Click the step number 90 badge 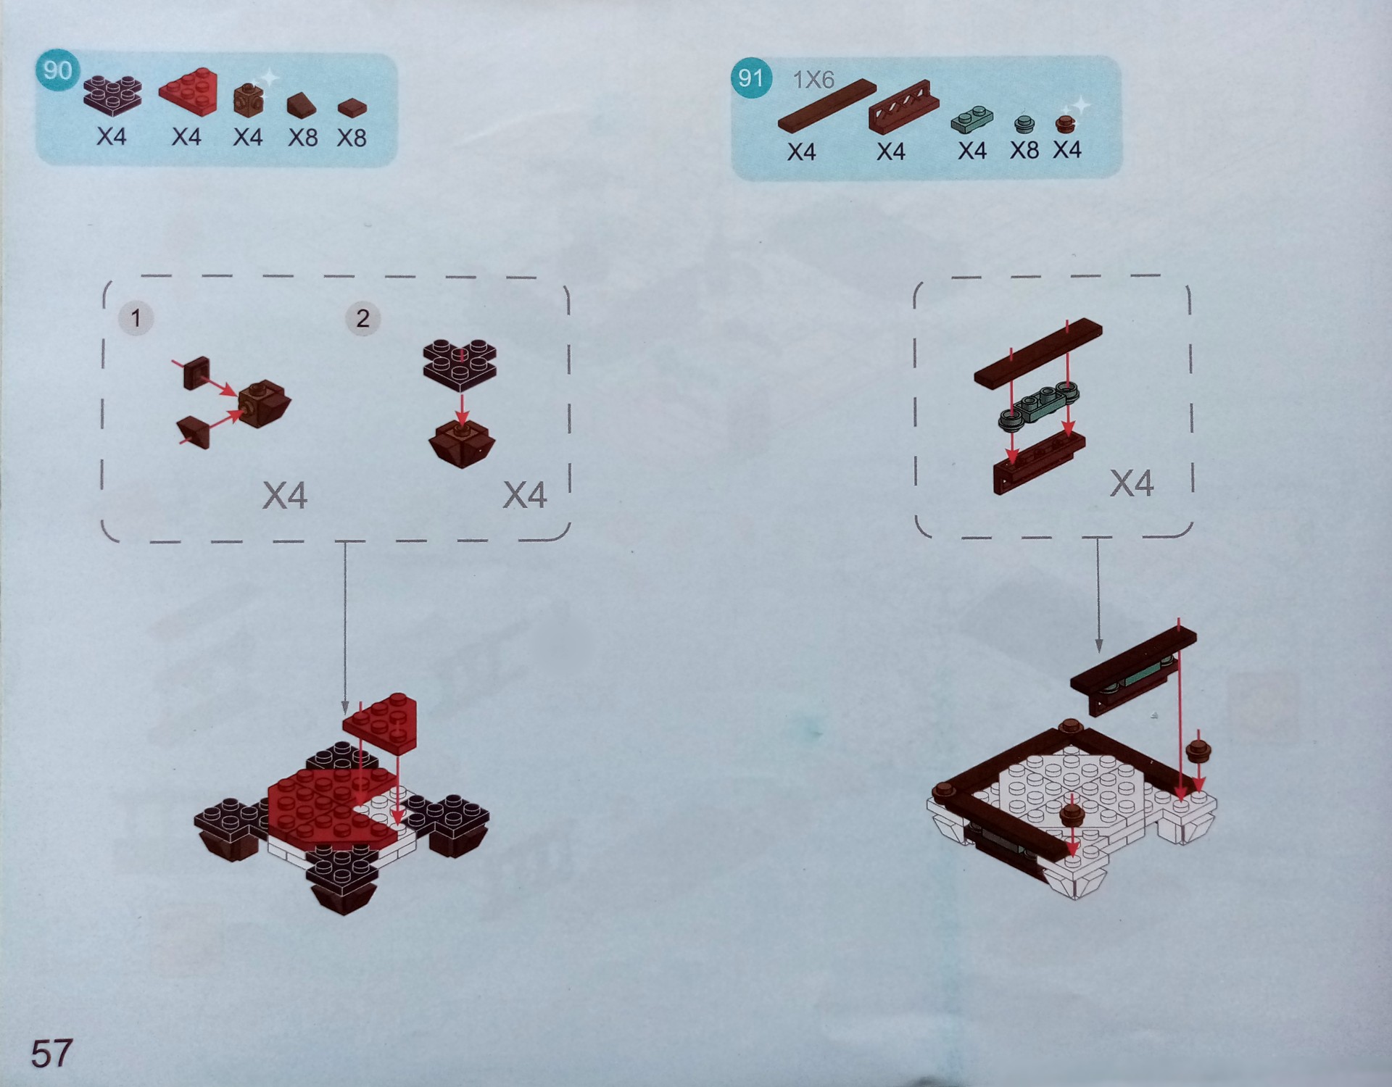pyautogui.click(x=57, y=70)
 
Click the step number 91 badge pyautogui.click(x=750, y=78)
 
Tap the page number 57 pyautogui.click(x=51, y=1053)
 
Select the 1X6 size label pyautogui.click(x=813, y=79)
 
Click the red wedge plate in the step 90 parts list pyautogui.click(x=188, y=91)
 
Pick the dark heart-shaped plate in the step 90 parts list pyautogui.click(x=112, y=94)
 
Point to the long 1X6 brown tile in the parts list pyautogui.click(x=827, y=106)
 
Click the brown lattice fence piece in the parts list pyautogui.click(x=899, y=107)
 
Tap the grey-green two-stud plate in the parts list pyautogui.click(x=972, y=119)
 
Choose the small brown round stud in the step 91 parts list pyautogui.click(x=1064, y=124)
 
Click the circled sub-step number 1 pyautogui.click(x=135, y=318)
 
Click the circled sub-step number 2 pyautogui.click(x=362, y=318)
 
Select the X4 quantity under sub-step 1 pyautogui.click(x=285, y=496)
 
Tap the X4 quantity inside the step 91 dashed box pyautogui.click(x=1132, y=483)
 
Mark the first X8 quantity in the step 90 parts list pyautogui.click(x=303, y=137)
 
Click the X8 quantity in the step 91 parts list pyautogui.click(x=1024, y=150)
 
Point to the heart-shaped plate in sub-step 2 pyautogui.click(x=460, y=361)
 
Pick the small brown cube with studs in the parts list pyautogui.click(x=249, y=100)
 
